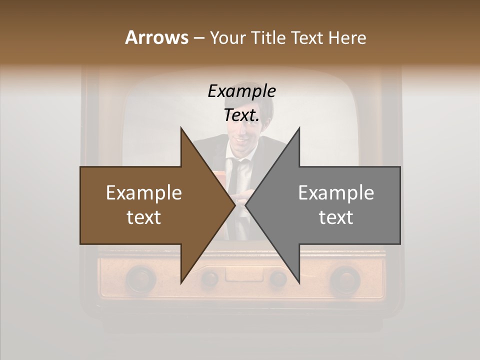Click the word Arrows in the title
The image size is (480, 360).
point(156,37)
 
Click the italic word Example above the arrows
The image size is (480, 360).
point(241,91)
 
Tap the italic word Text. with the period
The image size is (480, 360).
point(241,115)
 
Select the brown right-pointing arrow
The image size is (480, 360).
point(150,205)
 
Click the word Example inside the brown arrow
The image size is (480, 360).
point(144,193)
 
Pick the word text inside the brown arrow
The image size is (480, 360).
point(144,217)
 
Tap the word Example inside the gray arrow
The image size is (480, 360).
point(336,193)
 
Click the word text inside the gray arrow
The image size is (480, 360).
point(336,217)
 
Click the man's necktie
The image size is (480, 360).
point(240,185)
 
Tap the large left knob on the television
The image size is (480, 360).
point(140,278)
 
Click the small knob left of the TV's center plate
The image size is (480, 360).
point(210,277)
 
